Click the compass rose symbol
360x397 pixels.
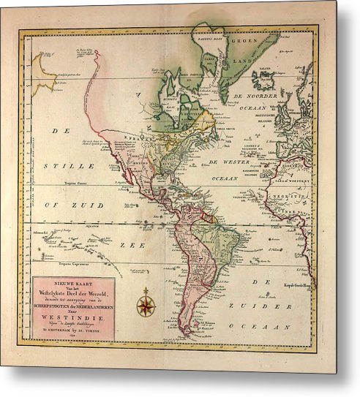[x=146, y=303]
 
